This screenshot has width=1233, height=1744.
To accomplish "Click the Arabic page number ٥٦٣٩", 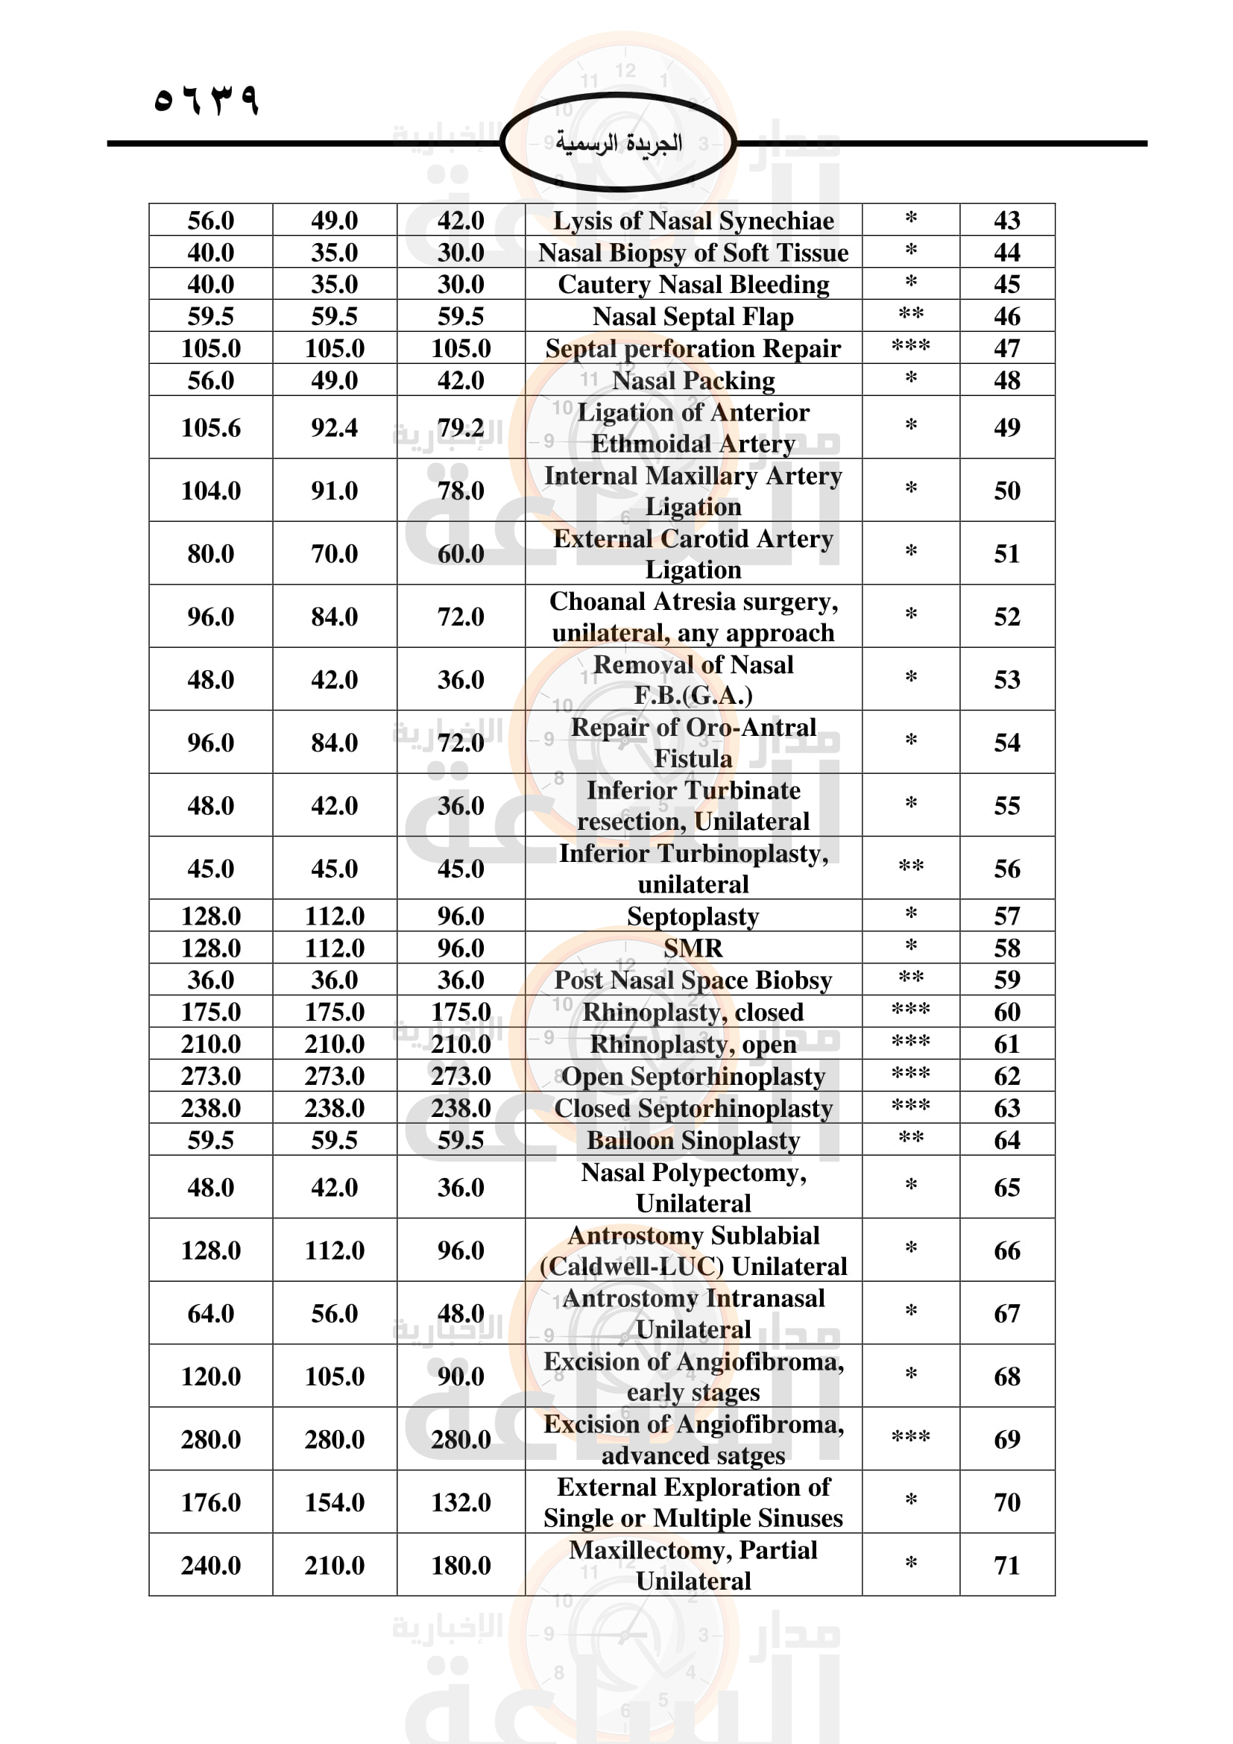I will coord(206,100).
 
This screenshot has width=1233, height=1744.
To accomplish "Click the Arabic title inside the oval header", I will coord(618,143).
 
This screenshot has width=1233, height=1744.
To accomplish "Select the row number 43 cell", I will coord(1006,220).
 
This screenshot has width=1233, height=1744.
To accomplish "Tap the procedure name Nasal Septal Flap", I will coord(693,316).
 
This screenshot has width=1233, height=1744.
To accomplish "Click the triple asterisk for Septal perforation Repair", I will coord(910,347).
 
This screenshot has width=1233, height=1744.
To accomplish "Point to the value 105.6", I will coord(210,428).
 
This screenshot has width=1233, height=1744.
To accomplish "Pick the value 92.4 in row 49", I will coord(334,428).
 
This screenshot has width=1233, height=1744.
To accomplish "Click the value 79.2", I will coord(460,428).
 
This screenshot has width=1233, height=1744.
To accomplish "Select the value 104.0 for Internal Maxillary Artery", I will coord(210,491).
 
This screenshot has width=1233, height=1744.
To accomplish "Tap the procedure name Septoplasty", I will coord(693,916).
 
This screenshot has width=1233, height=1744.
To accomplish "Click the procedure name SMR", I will coord(693,948).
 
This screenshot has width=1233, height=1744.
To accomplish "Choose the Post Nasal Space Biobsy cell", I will coord(693,980).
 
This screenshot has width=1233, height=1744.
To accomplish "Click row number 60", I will coord(1006,1012).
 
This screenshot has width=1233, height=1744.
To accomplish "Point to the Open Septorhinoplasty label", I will coord(693,1077).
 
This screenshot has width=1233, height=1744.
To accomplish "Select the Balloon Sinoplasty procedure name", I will coord(693,1140).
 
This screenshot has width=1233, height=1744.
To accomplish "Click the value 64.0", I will coord(210,1313).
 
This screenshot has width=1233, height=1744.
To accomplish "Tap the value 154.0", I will coord(334,1502).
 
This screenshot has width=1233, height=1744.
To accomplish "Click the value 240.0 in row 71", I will coord(210,1566).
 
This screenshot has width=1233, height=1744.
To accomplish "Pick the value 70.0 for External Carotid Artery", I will coord(334,554).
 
